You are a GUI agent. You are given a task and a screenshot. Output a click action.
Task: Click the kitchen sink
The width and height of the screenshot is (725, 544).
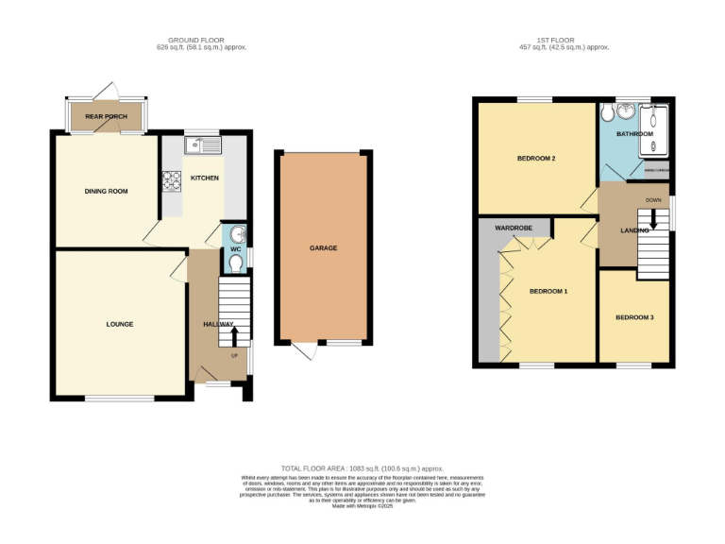203,144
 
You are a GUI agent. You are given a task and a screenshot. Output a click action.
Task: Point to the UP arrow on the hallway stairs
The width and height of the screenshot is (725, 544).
234,335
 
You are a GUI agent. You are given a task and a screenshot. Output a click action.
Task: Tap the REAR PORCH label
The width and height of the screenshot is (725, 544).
106,117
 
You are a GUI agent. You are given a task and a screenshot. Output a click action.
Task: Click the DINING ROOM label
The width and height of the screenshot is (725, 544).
106,191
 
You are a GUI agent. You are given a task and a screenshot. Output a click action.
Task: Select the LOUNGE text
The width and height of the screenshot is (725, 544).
119,324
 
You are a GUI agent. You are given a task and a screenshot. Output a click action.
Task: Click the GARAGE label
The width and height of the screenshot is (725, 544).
323,248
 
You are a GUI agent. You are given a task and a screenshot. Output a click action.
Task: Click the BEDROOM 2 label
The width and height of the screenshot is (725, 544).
535,158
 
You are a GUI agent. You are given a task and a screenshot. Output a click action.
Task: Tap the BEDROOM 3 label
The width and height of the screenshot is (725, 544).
634,317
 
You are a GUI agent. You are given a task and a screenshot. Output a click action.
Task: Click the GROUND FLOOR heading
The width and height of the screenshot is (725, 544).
202,40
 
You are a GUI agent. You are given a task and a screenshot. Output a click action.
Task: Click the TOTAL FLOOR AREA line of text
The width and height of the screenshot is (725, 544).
362,468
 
